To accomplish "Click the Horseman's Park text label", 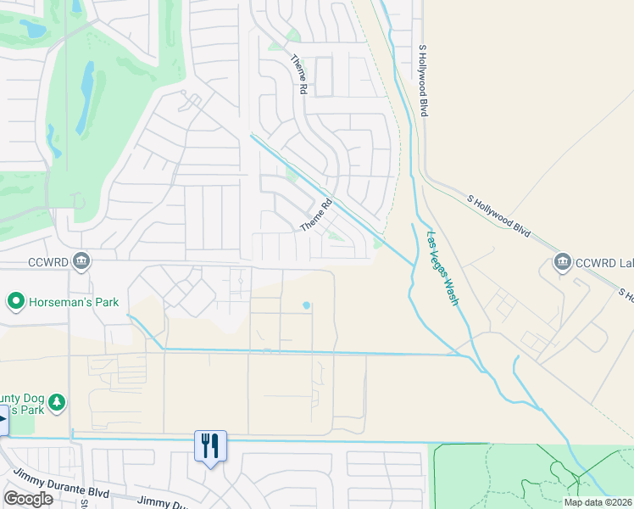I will tap(74, 302).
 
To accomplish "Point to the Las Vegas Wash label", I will tap(443, 268).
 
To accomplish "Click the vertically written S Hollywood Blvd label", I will tap(422, 81).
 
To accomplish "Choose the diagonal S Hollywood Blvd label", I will tap(499, 215).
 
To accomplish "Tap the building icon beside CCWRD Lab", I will tap(561, 263).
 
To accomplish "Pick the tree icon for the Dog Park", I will tap(57, 401).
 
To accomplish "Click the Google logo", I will tap(28, 498).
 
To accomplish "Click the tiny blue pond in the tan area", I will tap(306, 305).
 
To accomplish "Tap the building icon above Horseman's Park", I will tap(81, 260).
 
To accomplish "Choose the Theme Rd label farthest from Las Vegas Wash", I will tap(299, 70).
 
